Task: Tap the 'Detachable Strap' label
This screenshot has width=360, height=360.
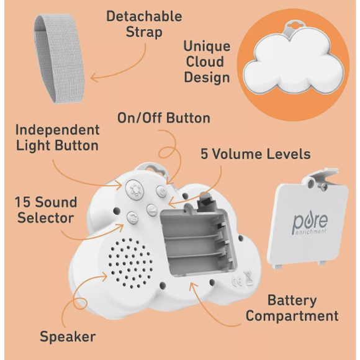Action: [x=144, y=24]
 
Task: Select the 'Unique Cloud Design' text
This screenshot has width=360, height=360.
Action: [x=207, y=62]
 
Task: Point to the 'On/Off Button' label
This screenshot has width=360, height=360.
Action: [x=164, y=118]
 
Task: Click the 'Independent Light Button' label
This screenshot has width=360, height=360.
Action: [x=57, y=137]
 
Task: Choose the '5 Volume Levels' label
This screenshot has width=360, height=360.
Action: [x=255, y=153]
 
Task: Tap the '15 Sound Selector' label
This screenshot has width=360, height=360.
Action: [x=47, y=210]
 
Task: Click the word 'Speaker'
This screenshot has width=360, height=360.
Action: [x=68, y=337]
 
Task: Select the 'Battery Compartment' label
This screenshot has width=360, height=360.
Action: [x=292, y=308]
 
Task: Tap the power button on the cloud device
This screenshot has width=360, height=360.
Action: [x=161, y=192]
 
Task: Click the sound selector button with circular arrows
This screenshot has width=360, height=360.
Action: [x=132, y=217]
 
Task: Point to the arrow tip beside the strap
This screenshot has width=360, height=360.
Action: [x=92, y=79]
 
